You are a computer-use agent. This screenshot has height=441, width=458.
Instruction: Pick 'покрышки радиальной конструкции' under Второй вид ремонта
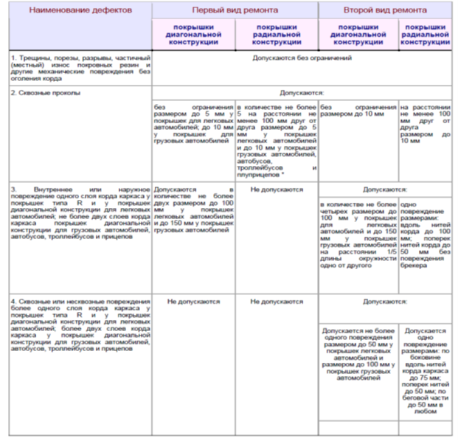(426, 34)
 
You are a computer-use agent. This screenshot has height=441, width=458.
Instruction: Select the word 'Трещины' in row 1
(32, 58)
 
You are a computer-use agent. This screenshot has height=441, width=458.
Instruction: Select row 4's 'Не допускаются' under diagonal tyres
(193, 301)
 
